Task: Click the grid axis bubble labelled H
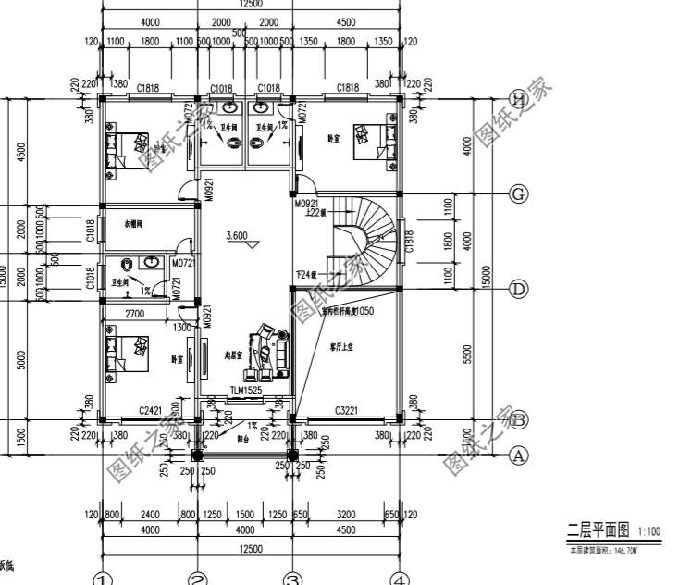519,99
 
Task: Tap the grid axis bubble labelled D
519,290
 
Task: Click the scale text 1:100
648,532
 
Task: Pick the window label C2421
152,408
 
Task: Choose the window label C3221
347,408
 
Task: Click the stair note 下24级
306,275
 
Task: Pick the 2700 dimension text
134,315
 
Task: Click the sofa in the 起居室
274,350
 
